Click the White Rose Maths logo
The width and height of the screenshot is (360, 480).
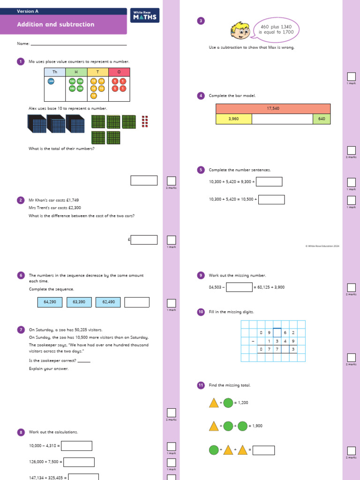point(145,15)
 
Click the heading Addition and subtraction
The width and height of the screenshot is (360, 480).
point(55,24)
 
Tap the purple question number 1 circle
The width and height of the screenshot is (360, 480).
point(20,61)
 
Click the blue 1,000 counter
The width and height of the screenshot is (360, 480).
point(51,81)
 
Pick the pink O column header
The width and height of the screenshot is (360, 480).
point(119,72)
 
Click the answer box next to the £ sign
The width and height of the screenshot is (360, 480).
point(144,240)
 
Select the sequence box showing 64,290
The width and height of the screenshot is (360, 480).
point(50,302)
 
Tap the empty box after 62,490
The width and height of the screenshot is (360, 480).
point(137,302)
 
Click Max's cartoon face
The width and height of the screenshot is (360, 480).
point(240,30)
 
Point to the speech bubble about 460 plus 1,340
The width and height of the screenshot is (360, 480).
point(276,30)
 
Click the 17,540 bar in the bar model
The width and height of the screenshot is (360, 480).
point(273,108)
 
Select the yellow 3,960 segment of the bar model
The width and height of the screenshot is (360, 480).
point(233,119)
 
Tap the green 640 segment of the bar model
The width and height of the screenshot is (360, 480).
point(321,119)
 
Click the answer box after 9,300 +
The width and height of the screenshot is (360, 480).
point(269,181)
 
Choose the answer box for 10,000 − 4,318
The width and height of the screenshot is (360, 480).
point(76,446)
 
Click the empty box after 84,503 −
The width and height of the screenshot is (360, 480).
point(239,287)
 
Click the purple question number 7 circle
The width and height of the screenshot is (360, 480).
point(20,330)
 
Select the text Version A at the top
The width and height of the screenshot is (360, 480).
point(28,11)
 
